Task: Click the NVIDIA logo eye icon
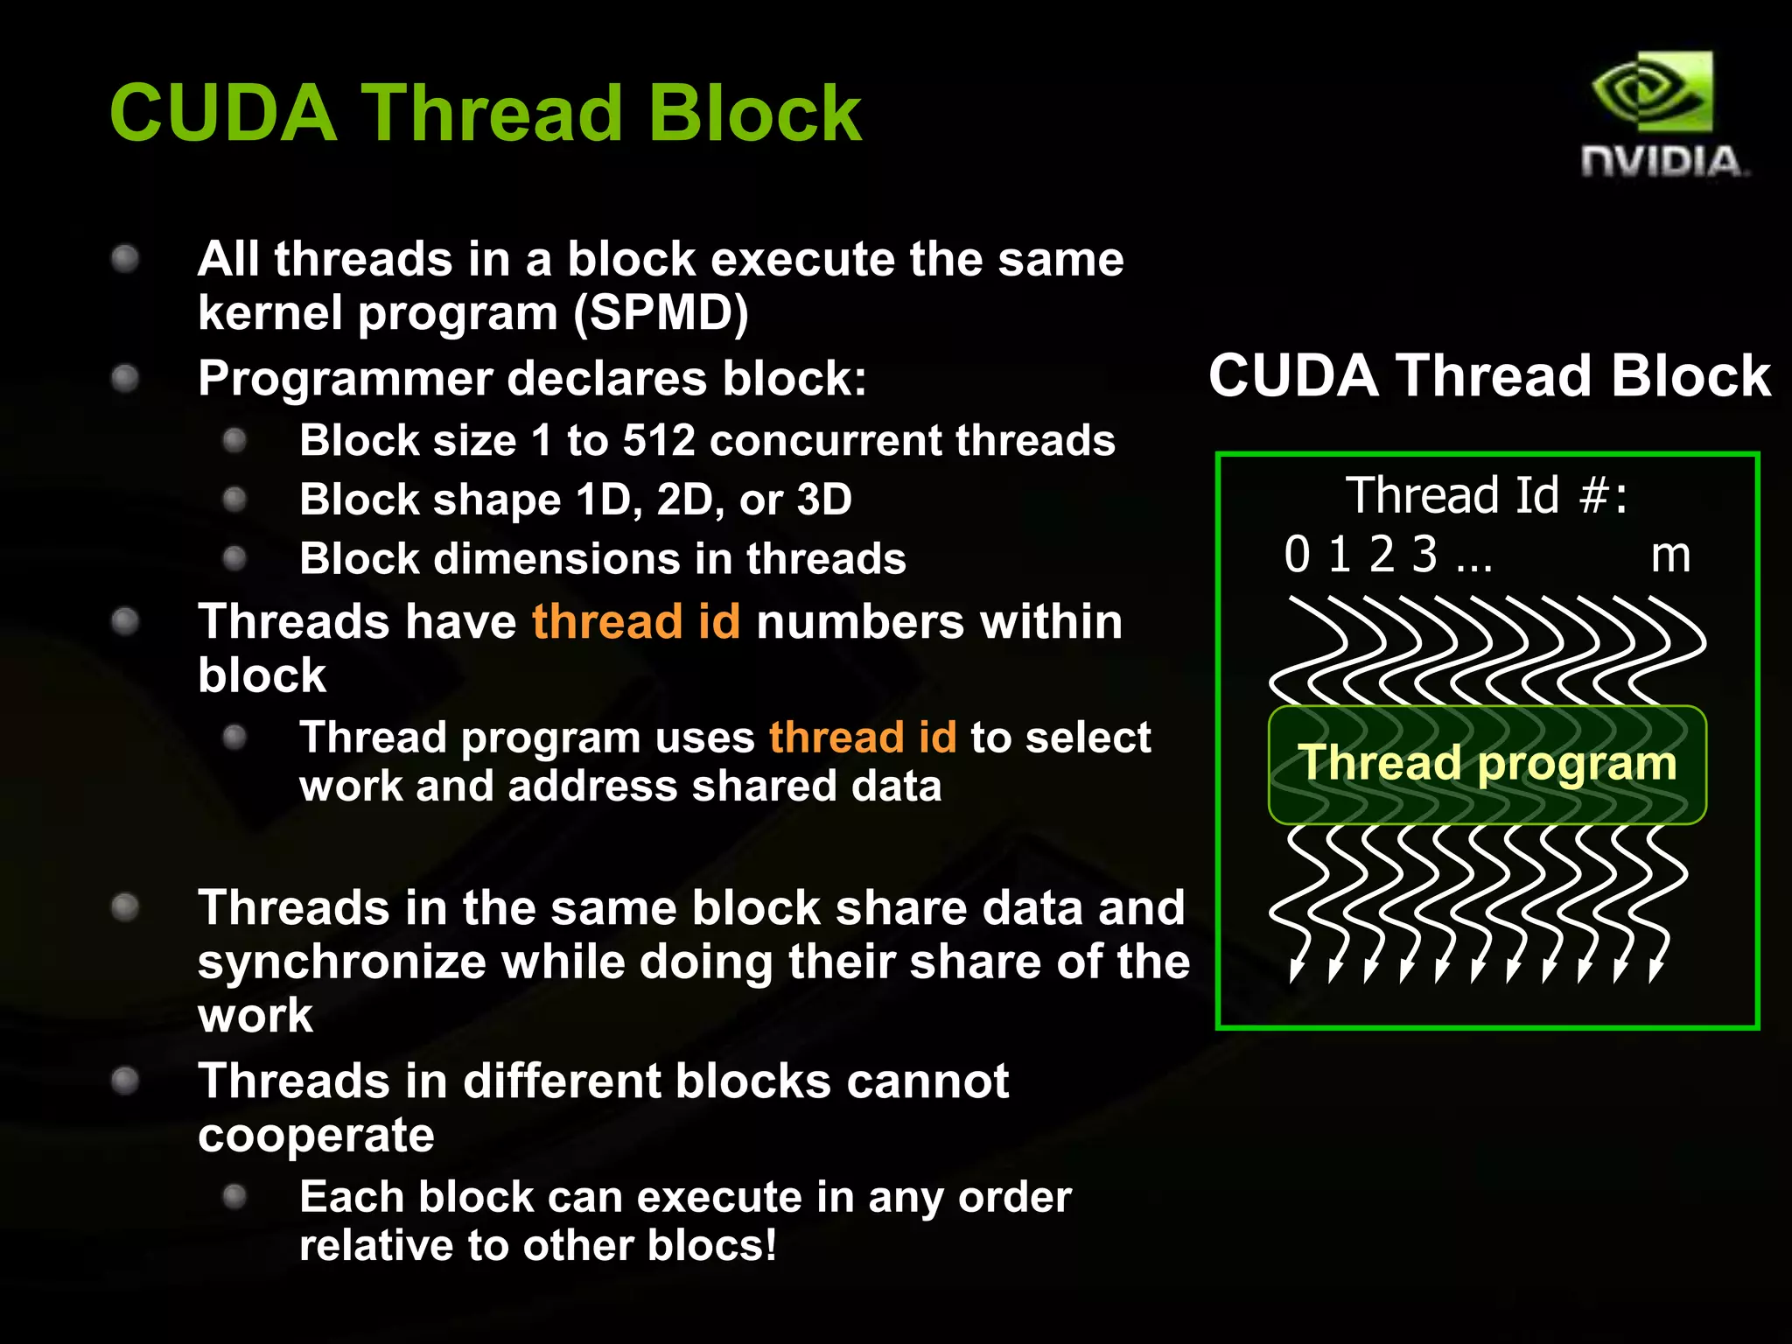pyautogui.click(x=1652, y=92)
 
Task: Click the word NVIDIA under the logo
pyautogui.click(x=1662, y=163)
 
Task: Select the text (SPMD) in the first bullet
pyautogui.click(x=661, y=313)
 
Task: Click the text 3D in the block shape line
pyautogui.click(x=823, y=500)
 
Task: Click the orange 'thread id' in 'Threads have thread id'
pyautogui.click(x=636, y=622)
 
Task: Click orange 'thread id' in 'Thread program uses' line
pyautogui.click(x=863, y=737)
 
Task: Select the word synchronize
pyautogui.click(x=341, y=962)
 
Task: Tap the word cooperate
pyautogui.click(x=316, y=1136)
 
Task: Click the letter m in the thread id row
pyautogui.click(x=1669, y=556)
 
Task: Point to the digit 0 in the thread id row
pyautogui.click(x=1297, y=555)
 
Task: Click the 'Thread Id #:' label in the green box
pyautogui.click(x=1486, y=495)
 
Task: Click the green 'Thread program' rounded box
pyautogui.click(x=1487, y=763)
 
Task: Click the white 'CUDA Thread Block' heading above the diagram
pyautogui.click(x=1489, y=376)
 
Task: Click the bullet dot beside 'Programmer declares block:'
pyautogui.click(x=126, y=379)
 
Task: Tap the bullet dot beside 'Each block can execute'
pyautogui.click(x=234, y=1196)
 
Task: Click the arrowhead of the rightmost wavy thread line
pyautogui.click(x=1655, y=971)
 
